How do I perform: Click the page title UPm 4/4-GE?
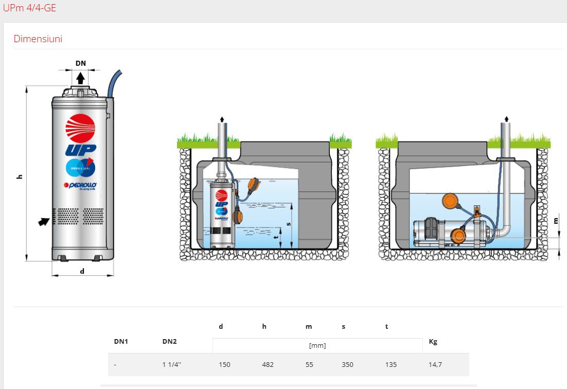tap(30, 8)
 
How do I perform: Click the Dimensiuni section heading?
tap(38, 39)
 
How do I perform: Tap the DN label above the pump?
tap(81, 63)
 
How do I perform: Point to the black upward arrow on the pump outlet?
tap(80, 78)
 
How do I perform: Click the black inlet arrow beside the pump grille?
tap(45, 221)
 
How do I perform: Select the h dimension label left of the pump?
tap(20, 176)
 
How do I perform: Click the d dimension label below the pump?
tap(82, 271)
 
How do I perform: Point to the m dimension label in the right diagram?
tap(556, 220)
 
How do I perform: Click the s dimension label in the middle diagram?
tap(288, 224)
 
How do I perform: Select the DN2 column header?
tap(169, 341)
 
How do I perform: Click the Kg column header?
tap(433, 341)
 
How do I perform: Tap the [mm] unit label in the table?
tap(317, 345)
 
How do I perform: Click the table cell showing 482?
tap(268, 365)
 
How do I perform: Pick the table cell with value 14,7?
tap(435, 365)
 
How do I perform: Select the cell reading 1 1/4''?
tap(172, 365)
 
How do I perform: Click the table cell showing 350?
tap(347, 365)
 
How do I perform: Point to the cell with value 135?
tap(391, 365)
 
